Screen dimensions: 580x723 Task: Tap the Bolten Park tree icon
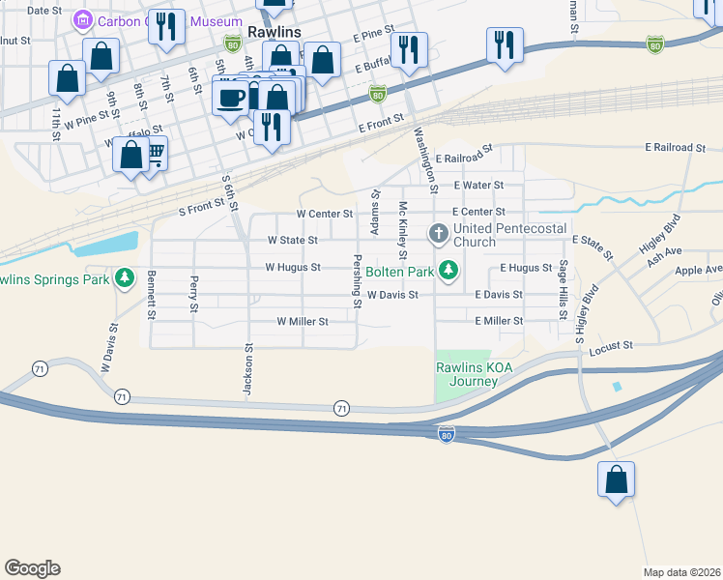(448, 270)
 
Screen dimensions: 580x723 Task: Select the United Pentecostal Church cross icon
(440, 233)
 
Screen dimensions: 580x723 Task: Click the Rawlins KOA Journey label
(466, 374)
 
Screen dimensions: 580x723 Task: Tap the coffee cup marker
(231, 98)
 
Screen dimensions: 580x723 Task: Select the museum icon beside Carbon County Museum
(83, 19)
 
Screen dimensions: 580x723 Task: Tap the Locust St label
(612, 344)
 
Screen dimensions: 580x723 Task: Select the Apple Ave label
(698, 271)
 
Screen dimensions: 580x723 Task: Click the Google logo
(32, 568)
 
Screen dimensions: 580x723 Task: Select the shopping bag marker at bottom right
(616, 479)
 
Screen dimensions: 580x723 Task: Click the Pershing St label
(358, 281)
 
